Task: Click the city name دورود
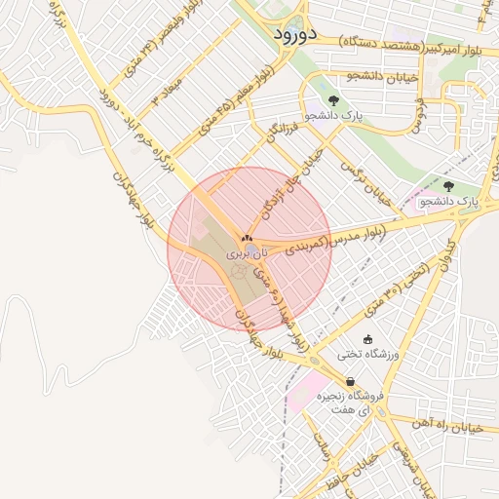[x=289, y=34]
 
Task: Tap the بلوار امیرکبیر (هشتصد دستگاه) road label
[x=414, y=46]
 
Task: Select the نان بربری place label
[x=245, y=251]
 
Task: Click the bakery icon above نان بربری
[x=246, y=237]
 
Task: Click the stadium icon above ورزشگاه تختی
[x=366, y=339]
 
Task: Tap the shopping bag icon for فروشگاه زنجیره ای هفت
[x=350, y=381]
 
